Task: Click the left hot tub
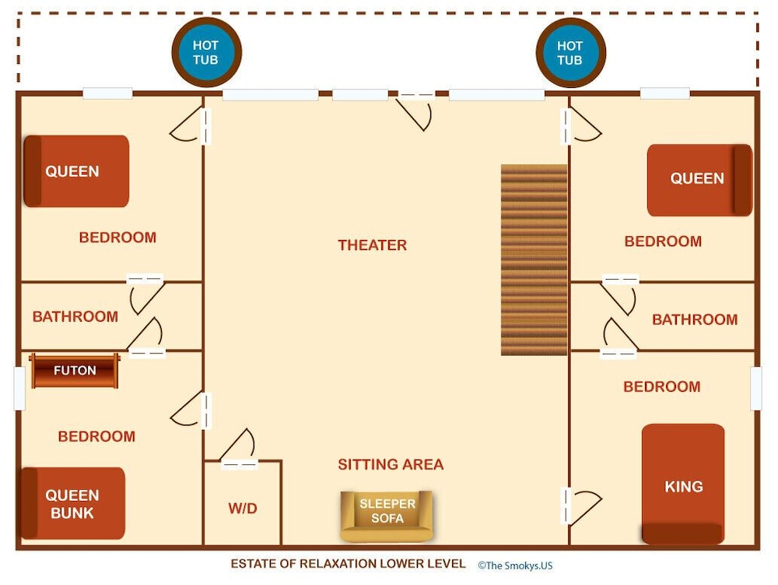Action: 206,52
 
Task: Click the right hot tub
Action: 570,53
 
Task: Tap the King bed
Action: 683,485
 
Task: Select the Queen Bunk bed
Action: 72,503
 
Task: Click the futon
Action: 75,371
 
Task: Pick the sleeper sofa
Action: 387,516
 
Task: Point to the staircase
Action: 534,259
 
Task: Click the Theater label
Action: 372,245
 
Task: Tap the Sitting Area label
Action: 391,464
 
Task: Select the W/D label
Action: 243,508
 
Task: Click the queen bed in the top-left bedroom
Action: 76,171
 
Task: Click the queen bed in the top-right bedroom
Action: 699,180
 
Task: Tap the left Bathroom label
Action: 75,316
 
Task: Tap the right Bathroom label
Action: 695,319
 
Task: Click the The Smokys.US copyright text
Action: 515,565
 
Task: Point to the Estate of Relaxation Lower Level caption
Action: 348,564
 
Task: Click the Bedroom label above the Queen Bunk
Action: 96,436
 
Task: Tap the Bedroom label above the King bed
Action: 662,386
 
